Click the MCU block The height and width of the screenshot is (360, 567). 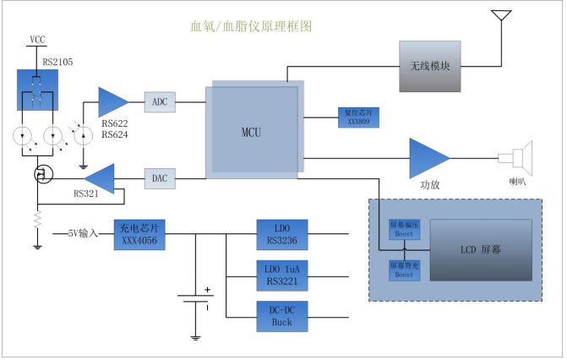(x=254, y=132)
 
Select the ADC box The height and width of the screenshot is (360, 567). (x=160, y=102)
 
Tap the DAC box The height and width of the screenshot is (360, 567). (x=160, y=178)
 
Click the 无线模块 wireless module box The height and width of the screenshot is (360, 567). (x=430, y=66)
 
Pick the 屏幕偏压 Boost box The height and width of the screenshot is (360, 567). (x=404, y=229)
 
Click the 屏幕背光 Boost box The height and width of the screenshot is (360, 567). (x=404, y=270)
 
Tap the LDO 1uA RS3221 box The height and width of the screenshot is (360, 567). (x=281, y=275)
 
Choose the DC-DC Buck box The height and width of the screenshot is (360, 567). (x=281, y=316)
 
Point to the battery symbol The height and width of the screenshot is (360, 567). (x=195, y=301)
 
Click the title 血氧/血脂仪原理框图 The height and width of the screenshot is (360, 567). (x=252, y=26)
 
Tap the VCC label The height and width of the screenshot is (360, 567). (x=37, y=40)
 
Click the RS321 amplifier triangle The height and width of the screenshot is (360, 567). (x=100, y=178)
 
